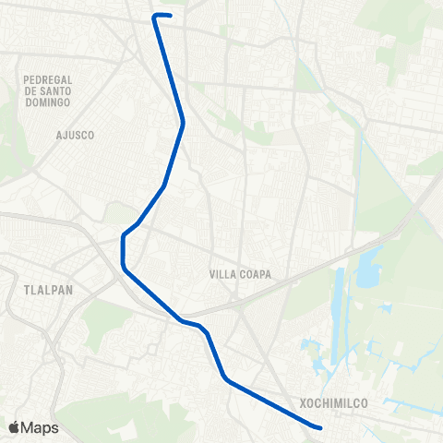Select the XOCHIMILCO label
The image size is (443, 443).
(x=334, y=403)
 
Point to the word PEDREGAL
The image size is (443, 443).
(x=47, y=80)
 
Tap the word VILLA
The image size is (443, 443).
(x=223, y=274)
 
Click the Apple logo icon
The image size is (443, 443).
(x=15, y=427)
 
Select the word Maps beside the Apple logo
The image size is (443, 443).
(x=41, y=428)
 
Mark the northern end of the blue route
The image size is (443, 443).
(x=170, y=15)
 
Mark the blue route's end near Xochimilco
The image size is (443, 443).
(x=319, y=428)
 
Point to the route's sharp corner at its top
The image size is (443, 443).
(x=153, y=16)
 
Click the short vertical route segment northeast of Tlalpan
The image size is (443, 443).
(x=123, y=251)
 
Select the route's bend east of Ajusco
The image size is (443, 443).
(x=184, y=122)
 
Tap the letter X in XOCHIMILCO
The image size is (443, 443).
(x=303, y=403)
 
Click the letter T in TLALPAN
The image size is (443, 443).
(x=20, y=289)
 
